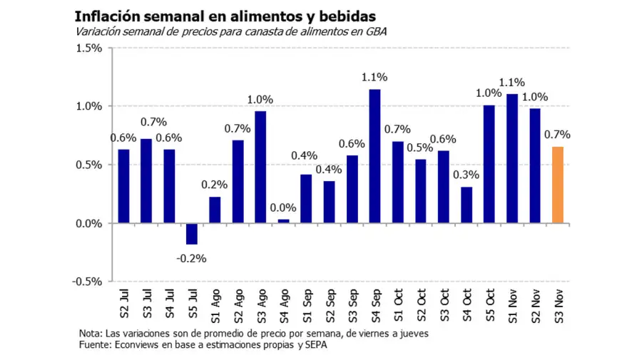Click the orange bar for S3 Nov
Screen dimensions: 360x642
pos(558,185)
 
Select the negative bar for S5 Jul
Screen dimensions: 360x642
pos(192,234)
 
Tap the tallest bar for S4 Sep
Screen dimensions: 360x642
pos(374,156)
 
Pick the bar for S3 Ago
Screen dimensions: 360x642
pos(260,168)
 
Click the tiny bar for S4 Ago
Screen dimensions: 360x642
pos(283,222)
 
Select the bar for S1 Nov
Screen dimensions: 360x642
pos(512,158)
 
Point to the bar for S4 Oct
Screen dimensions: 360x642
pos(467,205)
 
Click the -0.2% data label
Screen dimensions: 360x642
pos(191,258)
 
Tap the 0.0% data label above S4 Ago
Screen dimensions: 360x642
pos(283,207)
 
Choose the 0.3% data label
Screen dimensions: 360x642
pos(467,175)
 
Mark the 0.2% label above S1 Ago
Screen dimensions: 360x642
pos(215,184)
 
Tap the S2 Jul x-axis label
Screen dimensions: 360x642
pos(124,303)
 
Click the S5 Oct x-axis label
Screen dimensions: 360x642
pos(490,303)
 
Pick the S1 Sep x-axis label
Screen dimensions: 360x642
pos(307,303)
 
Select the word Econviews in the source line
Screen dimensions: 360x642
pos(133,346)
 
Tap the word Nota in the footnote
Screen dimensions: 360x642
pos(91,334)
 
